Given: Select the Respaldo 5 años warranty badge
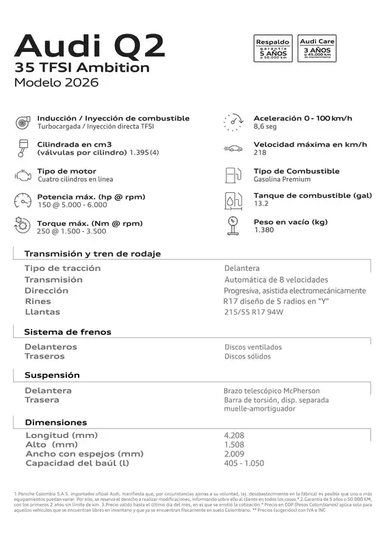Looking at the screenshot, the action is pos(273,49).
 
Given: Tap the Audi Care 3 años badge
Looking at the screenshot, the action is pos(317,49).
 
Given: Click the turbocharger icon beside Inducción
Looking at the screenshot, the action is pos(22,122).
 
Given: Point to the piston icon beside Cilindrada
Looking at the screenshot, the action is pos(22,149).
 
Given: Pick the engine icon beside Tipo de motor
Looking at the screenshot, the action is pos(22,175).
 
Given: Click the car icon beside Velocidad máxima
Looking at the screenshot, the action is pos(233,149).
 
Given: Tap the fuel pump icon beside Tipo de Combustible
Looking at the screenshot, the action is pos(233,175).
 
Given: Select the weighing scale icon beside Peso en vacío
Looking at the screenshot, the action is pos(233,225).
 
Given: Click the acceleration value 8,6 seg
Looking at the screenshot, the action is pos(265,127).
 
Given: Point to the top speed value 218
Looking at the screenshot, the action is pos(260,153).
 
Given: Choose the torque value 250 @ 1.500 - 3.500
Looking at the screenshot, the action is pos(71,231).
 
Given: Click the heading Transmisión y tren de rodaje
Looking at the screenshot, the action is pos(92,253).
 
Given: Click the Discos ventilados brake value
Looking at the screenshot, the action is pos(252,347).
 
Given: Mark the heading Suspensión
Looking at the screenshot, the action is pos(52,375).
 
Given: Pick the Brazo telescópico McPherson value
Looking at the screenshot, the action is pos(272,391).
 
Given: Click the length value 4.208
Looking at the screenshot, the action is pos(234,435).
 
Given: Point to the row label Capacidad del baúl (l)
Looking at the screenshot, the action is pos(77,463).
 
